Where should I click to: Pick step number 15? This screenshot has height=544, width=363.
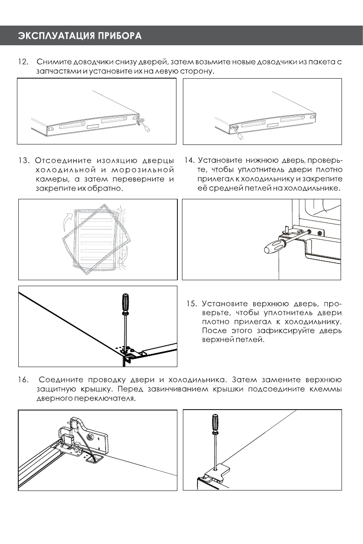click(x=192, y=304)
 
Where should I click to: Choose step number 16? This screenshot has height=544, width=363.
click(x=22, y=380)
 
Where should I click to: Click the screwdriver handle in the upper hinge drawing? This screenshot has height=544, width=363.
click(x=124, y=304)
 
